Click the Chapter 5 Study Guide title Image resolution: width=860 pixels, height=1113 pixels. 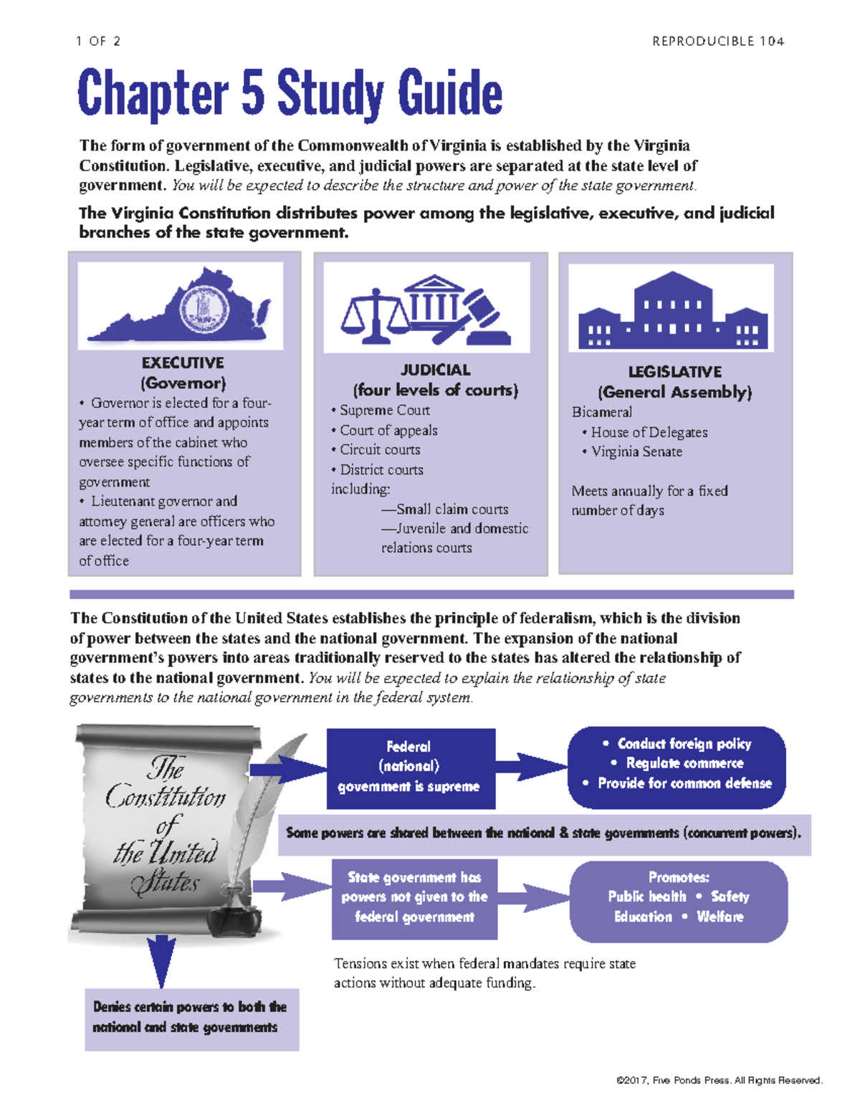(290, 93)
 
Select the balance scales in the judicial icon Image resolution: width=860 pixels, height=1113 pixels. (374, 315)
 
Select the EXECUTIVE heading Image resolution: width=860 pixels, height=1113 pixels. (183, 363)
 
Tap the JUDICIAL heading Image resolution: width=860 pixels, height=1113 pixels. (435, 370)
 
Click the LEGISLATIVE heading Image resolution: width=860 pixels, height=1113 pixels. (674, 372)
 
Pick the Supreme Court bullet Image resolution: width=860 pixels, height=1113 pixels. (384, 410)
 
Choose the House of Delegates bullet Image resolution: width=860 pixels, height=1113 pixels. (649, 432)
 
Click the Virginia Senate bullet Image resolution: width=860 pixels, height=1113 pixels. (636, 452)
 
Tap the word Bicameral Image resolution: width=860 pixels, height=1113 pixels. (602, 412)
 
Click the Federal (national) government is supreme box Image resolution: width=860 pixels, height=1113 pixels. (411, 767)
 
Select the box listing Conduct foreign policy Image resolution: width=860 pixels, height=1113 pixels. (677, 764)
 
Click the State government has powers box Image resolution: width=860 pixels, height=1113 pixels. (414, 897)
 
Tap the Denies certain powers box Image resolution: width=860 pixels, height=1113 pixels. (191, 1018)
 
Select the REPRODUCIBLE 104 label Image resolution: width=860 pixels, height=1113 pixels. (717, 42)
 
